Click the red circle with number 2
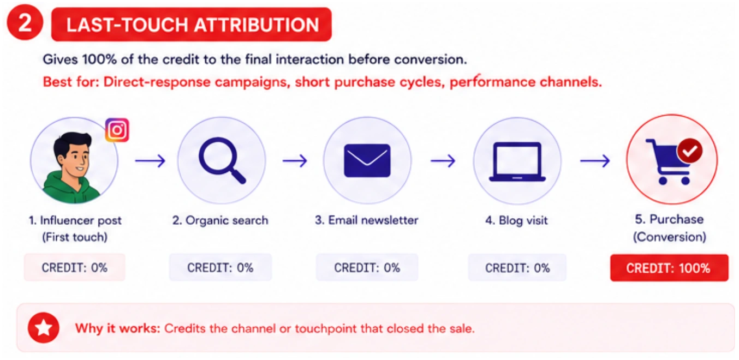25,22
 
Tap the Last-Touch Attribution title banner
192,25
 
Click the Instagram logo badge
117,130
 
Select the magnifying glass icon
222,160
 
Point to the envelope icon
367,160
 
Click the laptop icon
517,161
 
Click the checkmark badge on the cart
689,151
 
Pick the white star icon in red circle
44,328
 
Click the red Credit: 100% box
669,268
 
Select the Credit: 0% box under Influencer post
75,267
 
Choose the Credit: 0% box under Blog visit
517,268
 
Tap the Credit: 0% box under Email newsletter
367,267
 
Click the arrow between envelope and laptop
443,161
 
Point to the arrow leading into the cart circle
595,161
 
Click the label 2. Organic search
220,220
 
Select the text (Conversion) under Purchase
669,237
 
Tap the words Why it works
118,328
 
